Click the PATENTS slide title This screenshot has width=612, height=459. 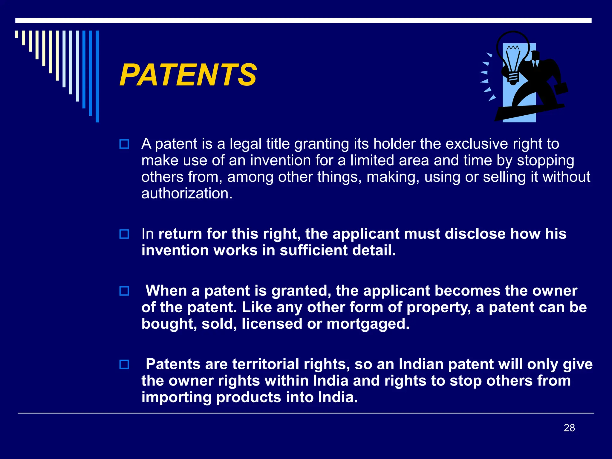click(x=188, y=75)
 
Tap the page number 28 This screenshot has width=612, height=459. click(x=569, y=428)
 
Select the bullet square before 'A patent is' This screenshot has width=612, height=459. click(x=124, y=144)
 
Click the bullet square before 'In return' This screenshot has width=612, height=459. click(x=124, y=234)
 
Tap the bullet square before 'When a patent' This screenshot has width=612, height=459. click(x=124, y=291)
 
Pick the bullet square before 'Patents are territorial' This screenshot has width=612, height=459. click(x=124, y=365)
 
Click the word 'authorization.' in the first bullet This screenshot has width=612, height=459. click(x=187, y=194)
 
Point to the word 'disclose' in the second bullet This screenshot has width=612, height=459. click(x=475, y=234)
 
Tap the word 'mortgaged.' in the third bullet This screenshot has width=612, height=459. click(x=368, y=324)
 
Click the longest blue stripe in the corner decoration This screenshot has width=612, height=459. click(x=97, y=76)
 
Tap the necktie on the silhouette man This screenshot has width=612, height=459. click(x=535, y=63)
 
